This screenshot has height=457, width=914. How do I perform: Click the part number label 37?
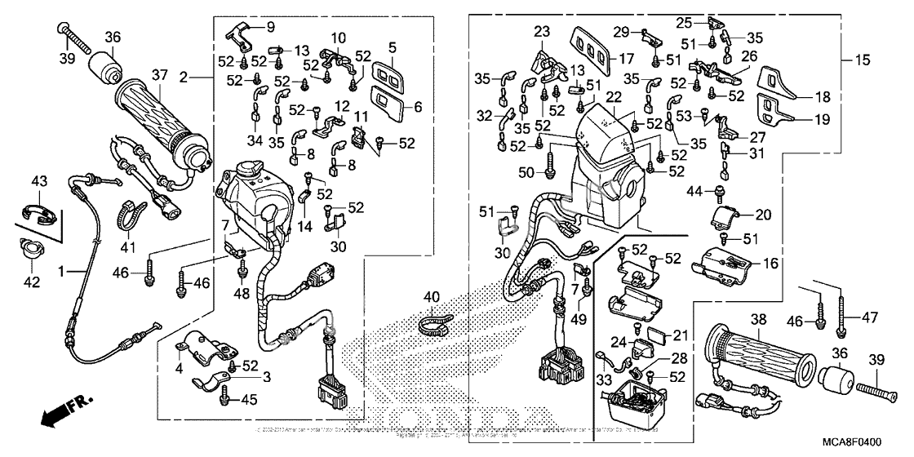(160, 76)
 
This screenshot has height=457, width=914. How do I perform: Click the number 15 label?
(863, 60)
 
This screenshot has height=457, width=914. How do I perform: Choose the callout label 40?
(430, 297)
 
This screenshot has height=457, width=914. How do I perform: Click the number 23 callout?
(543, 33)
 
